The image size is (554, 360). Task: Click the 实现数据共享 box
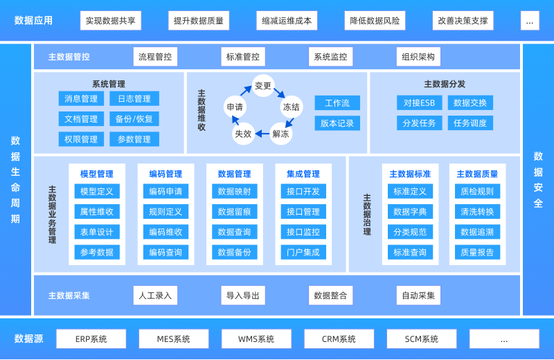point(111,21)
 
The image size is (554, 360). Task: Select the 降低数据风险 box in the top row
point(375,21)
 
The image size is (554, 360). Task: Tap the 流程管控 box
point(155,57)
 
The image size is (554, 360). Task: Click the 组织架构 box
point(418,57)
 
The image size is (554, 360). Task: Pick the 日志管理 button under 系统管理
point(134,99)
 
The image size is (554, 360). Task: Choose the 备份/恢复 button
point(134,119)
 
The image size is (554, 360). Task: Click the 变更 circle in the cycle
point(263,86)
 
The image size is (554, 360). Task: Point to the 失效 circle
point(243,134)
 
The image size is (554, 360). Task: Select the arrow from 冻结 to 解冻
point(289,122)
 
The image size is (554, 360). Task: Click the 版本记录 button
point(337,123)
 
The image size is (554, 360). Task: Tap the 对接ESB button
point(419,103)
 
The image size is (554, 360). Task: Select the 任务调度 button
point(470,123)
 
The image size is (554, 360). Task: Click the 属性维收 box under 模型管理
point(97,212)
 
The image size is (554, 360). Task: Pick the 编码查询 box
point(166,253)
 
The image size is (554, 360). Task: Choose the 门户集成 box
point(303,253)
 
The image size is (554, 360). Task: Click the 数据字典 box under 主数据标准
point(410,212)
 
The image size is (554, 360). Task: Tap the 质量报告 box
point(477,253)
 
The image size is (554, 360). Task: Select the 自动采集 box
point(418,296)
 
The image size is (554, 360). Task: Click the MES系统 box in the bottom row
point(173,339)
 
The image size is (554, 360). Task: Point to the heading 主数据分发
point(445,84)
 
